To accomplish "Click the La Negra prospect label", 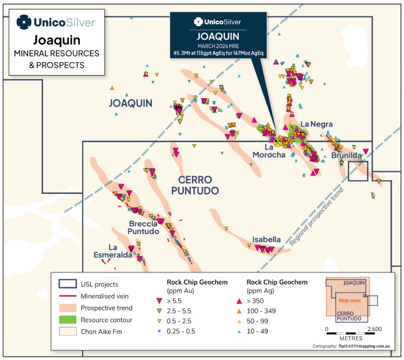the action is (x=317, y=124).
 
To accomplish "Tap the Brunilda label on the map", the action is (x=346, y=155).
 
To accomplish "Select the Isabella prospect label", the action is (x=266, y=239).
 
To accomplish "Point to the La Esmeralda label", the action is (x=113, y=251).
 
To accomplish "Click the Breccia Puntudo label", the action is (x=144, y=228).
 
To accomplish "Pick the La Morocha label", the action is (x=269, y=151).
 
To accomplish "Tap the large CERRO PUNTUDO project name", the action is (x=195, y=185).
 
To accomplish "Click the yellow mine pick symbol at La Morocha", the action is (x=278, y=142).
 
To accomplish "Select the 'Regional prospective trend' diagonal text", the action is (x=316, y=216).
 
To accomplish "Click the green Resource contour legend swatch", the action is (x=67, y=320).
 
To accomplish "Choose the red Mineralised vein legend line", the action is (x=67, y=296).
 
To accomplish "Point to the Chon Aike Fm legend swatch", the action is (x=67, y=332).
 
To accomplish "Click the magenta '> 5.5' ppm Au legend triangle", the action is (x=159, y=301).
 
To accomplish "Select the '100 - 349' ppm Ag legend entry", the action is (x=256, y=311).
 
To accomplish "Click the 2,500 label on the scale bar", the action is (x=374, y=329).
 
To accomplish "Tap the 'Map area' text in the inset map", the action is (x=350, y=300).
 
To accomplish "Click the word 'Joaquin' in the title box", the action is (x=57, y=40).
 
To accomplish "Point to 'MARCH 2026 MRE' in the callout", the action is (x=218, y=46).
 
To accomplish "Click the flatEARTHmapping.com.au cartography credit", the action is (x=364, y=346).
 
